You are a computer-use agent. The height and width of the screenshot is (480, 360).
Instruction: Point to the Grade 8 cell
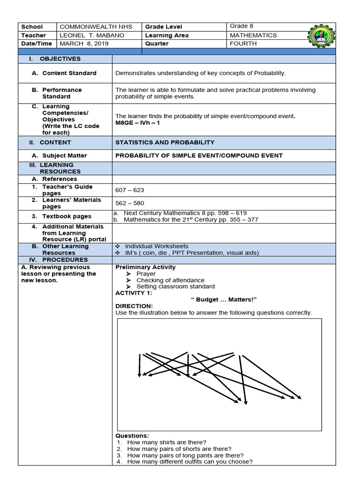pyautogui.click(x=241, y=26)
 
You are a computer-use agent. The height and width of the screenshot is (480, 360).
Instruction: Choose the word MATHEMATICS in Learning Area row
pyautogui.click(x=253, y=35)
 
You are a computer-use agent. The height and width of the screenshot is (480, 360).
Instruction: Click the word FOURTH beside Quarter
pyautogui.click(x=243, y=44)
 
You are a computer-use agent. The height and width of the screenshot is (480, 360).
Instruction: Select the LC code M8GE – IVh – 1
pyautogui.click(x=140, y=123)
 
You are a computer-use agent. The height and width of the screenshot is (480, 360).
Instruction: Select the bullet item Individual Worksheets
pyautogui.click(x=157, y=246)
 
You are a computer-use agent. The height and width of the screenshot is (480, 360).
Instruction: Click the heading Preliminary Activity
pyautogui.click(x=145, y=267)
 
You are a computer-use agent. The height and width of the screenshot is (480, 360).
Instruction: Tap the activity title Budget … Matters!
pyautogui.click(x=225, y=300)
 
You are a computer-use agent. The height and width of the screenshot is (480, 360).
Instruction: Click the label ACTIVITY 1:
pyautogui.click(x=134, y=293)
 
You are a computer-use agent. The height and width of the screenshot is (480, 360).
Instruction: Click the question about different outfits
pyautogui.click(x=189, y=462)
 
